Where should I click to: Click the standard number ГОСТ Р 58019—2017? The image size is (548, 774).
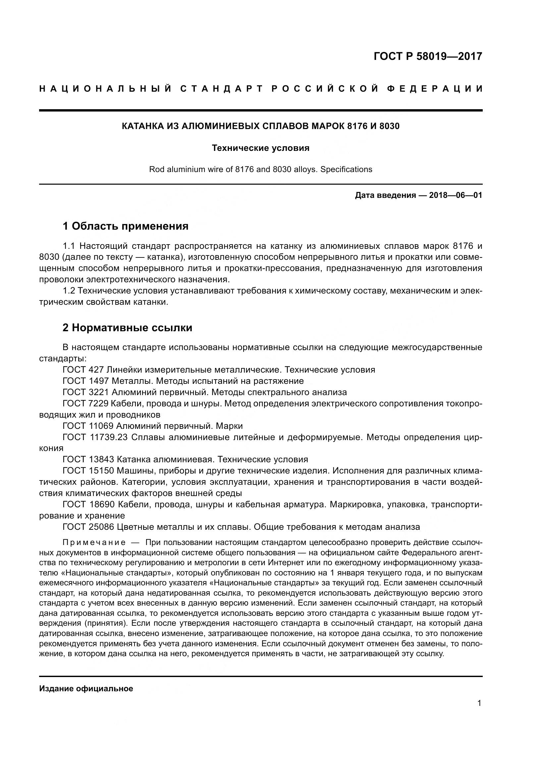427,56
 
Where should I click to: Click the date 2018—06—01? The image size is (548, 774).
455,195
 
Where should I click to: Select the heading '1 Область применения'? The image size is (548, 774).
125,226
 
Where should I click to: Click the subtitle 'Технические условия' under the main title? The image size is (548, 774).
260,148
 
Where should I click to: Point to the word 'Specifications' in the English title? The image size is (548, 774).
346,169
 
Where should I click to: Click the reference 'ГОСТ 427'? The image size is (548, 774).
83,370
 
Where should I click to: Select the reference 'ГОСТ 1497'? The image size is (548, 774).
86,381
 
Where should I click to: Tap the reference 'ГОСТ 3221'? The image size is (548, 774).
86,392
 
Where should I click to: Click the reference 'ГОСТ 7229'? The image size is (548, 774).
86,403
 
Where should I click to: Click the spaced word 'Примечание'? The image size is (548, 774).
94,542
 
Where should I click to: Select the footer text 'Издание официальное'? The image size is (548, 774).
86,689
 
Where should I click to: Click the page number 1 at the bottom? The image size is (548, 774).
479,703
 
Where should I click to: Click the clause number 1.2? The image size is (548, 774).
69,291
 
